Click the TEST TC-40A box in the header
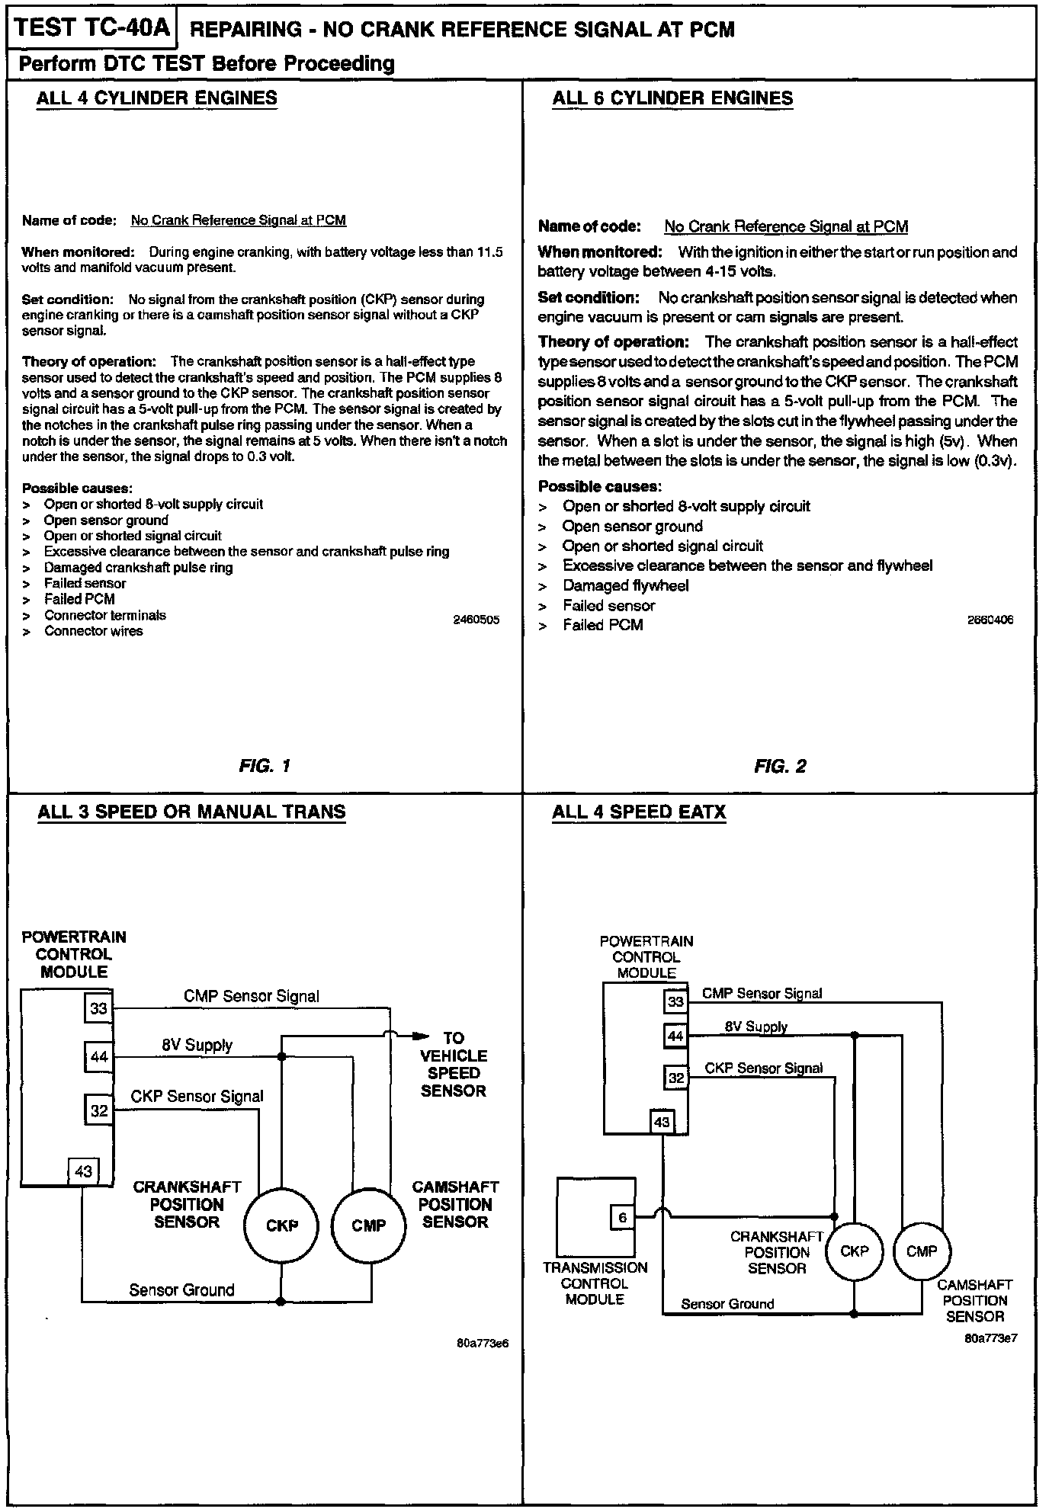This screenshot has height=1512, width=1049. [x=91, y=28]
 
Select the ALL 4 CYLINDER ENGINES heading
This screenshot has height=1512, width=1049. [x=157, y=98]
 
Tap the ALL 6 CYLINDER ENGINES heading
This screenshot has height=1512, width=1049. [x=672, y=98]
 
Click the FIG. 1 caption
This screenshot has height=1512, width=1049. [x=265, y=766]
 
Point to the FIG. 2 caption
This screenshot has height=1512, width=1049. [x=780, y=766]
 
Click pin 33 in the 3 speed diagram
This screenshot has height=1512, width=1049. [x=99, y=1009]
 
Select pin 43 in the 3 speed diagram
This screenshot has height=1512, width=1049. [x=83, y=1171]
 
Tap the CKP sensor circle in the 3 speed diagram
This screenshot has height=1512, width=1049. [x=281, y=1225]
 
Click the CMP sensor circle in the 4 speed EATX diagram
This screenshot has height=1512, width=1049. [x=921, y=1251]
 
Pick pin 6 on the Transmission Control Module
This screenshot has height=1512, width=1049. [x=622, y=1217]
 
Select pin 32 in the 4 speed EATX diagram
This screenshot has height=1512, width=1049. [x=675, y=1078]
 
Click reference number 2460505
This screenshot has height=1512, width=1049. [x=476, y=620]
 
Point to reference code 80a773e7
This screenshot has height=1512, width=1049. [x=990, y=1337]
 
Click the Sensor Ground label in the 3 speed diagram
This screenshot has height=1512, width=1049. [x=181, y=1289]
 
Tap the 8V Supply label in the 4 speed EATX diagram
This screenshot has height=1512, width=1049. [x=755, y=1027]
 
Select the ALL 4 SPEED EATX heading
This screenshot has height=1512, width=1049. [x=639, y=812]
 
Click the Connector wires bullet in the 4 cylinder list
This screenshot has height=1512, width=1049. [x=93, y=631]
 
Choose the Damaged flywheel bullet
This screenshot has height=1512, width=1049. [x=625, y=585]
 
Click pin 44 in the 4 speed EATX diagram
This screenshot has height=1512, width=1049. [x=675, y=1036]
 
